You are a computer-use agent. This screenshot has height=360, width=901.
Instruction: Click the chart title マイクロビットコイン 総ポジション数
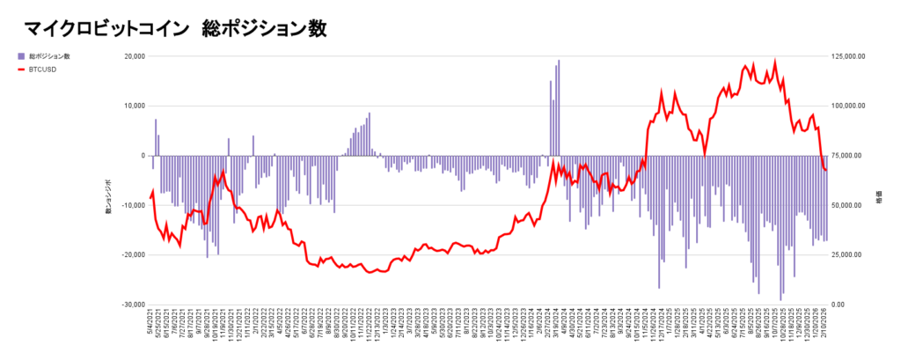click(175, 28)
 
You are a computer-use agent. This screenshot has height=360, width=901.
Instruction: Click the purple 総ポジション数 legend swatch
click(21, 55)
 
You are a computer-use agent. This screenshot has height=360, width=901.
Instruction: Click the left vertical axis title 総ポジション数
click(108, 195)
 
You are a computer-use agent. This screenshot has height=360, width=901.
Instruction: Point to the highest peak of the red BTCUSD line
click(775, 62)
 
